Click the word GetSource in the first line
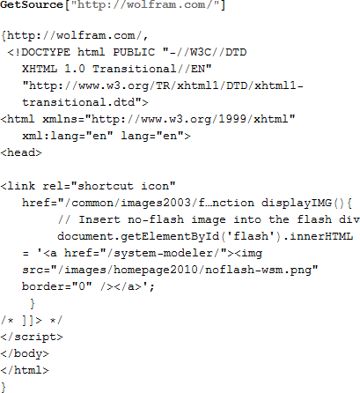[32, 5]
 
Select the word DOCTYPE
[46, 52]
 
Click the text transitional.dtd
[78, 102]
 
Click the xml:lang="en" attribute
[68, 136]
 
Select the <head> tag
[21, 152]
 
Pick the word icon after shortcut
[155, 186]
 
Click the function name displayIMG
[297, 203]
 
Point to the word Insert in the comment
[99, 219]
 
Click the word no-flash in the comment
[156, 219]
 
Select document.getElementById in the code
[138, 236]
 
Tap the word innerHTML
[321, 236]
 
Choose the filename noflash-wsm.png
[258, 270]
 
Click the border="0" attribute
[57, 286]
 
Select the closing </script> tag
[32, 337]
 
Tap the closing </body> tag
[25, 353]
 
